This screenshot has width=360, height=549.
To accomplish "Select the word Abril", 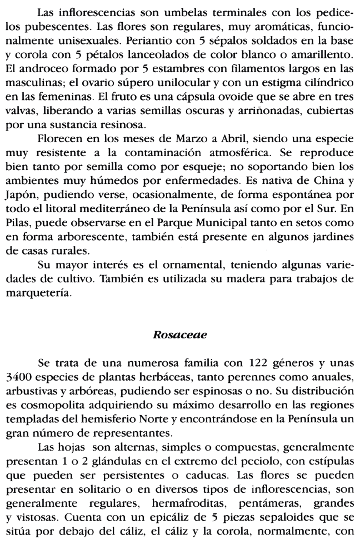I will pyautogui.click(x=233, y=137).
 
